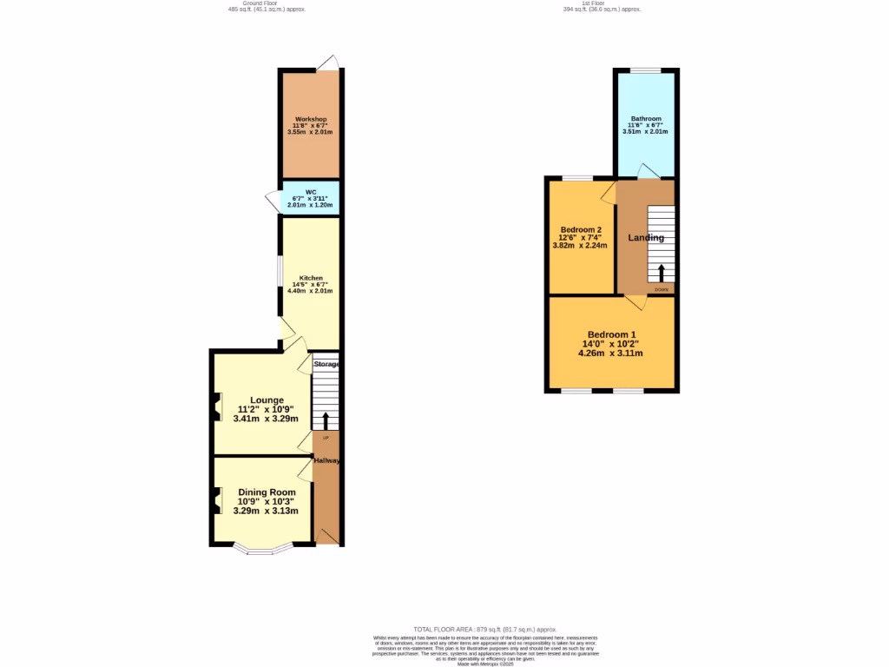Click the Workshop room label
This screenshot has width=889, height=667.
(x=310, y=118)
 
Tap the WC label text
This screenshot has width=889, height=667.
(x=310, y=192)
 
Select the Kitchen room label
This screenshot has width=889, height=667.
(x=310, y=278)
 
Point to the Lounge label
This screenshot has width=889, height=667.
(x=266, y=400)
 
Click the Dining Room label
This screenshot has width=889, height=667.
(x=267, y=492)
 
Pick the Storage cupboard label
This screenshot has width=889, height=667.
(x=326, y=364)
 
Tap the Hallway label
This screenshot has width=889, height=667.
(x=326, y=460)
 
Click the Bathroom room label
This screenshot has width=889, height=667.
(x=646, y=119)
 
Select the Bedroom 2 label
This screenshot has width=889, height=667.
(x=582, y=229)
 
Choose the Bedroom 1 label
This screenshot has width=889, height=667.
(x=612, y=335)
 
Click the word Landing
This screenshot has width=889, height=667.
(x=646, y=238)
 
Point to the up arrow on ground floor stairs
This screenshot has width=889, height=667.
(x=326, y=421)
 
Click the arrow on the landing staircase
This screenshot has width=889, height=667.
(x=662, y=273)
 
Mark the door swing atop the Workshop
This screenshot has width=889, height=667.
(x=327, y=62)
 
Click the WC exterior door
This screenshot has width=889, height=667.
(x=273, y=201)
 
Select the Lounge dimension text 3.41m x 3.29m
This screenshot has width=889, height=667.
(x=266, y=419)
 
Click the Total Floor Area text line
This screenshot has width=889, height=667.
(x=484, y=629)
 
